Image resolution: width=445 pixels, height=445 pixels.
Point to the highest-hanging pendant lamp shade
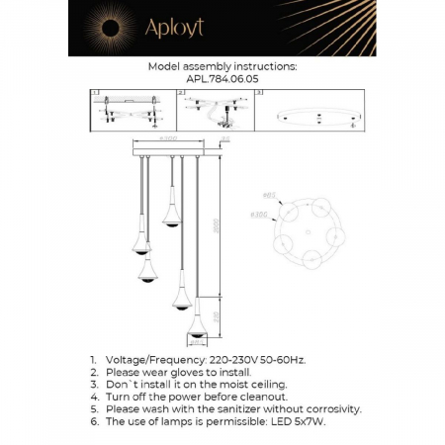[170, 220]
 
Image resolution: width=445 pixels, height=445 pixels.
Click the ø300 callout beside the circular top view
[260, 214]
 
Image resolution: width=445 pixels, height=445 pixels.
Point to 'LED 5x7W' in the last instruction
[295, 420]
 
